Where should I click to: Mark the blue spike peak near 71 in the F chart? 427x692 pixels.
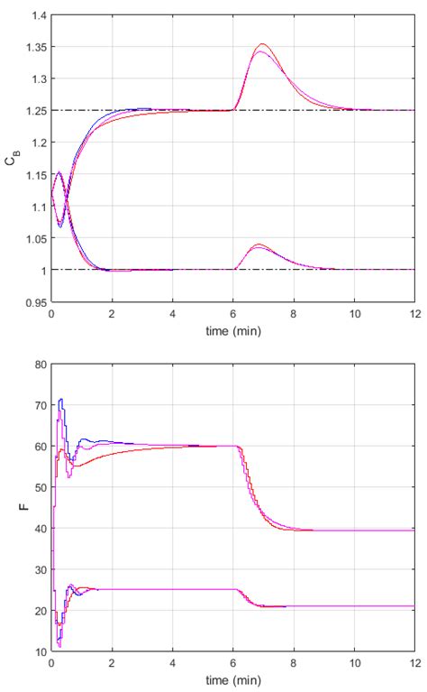[60, 399]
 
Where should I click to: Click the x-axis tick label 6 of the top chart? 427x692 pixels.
[232, 315]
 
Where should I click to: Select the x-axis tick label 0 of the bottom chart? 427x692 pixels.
[51, 664]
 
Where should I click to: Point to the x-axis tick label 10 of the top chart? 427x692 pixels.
[353, 315]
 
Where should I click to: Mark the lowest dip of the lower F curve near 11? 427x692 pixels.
[59, 646]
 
